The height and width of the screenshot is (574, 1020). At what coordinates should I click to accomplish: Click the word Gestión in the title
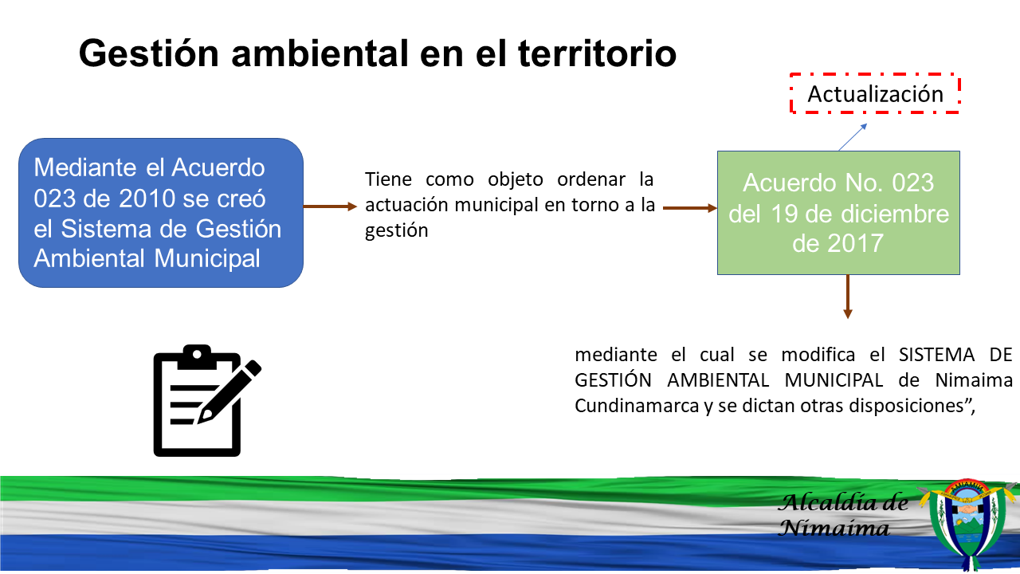[148, 53]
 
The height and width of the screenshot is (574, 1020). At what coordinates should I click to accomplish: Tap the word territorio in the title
[598, 53]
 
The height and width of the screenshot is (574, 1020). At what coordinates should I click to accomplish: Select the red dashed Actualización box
[875, 93]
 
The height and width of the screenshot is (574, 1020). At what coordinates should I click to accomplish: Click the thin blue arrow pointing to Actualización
[853, 136]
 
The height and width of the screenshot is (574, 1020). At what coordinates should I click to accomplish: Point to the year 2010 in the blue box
[147, 199]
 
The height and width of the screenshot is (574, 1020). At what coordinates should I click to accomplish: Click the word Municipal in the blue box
[207, 258]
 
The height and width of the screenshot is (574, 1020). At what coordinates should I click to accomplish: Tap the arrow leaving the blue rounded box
[330, 206]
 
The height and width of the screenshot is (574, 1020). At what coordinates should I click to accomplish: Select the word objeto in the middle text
[515, 179]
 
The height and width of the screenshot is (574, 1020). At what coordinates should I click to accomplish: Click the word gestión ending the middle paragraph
[397, 230]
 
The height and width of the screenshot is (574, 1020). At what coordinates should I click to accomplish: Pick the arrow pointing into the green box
[690, 208]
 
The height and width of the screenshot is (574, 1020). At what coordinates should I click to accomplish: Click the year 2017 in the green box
[855, 243]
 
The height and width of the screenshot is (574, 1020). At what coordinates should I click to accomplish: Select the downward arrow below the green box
[847, 297]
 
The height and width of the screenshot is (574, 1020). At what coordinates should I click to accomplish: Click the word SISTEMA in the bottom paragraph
[936, 355]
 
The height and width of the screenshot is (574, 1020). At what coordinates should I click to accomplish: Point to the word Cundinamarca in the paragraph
[637, 406]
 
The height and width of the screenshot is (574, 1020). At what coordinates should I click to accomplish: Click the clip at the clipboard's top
[197, 357]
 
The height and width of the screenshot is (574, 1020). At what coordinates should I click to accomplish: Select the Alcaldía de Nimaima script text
[842, 515]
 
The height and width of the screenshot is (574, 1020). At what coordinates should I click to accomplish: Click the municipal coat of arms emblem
[967, 525]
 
